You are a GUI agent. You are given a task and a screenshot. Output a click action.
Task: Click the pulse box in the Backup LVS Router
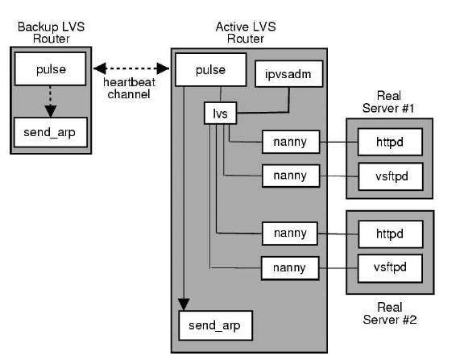click(x=50, y=69)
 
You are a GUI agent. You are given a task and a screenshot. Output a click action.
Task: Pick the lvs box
click(x=220, y=114)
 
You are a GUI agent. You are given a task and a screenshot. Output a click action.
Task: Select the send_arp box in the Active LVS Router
click(x=215, y=326)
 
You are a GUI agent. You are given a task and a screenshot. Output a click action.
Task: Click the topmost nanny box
click(x=290, y=143)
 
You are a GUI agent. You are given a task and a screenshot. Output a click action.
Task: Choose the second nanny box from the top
click(x=290, y=175)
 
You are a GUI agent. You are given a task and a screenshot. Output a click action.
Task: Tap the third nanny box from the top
click(x=290, y=234)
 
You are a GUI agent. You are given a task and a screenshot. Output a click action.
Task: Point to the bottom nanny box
click(x=290, y=266)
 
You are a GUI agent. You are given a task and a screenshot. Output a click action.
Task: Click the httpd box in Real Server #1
click(x=390, y=143)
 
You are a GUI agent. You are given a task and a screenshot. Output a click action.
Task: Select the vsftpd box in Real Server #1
click(x=390, y=175)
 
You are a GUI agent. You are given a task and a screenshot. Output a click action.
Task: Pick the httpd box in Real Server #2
click(x=390, y=234)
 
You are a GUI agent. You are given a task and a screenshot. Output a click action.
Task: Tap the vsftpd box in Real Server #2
click(x=390, y=266)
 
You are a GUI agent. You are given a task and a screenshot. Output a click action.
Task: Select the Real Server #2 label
click(x=390, y=313)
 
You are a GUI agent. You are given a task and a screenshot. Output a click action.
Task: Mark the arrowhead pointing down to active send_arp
click(x=184, y=303)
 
